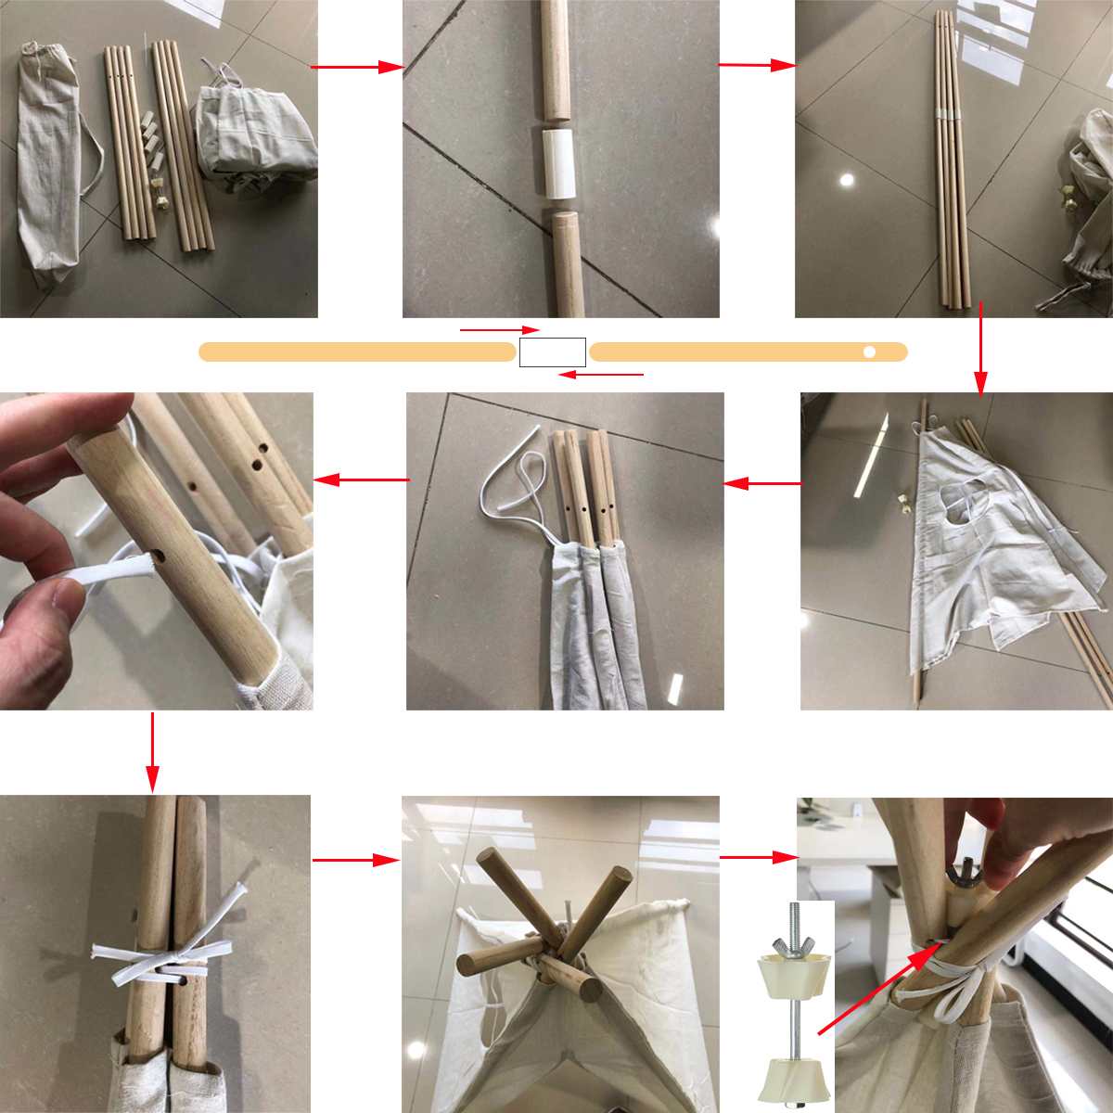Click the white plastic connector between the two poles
tap(560, 164)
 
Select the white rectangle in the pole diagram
tap(552, 352)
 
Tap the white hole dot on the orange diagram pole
tap(869, 352)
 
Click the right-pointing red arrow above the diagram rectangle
tap(500, 329)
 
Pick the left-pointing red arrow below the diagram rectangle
tap(601, 375)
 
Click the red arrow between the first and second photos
tap(358, 67)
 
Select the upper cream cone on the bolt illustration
tap(797, 977)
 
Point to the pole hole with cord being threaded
tap(160, 558)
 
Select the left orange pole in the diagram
tap(357, 352)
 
